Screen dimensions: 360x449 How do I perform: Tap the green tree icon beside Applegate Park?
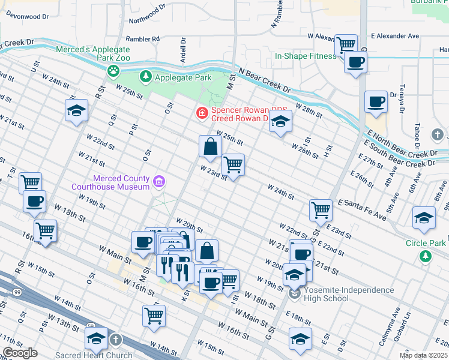[x=145, y=77]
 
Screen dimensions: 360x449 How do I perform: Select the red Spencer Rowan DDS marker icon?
[x=202, y=112]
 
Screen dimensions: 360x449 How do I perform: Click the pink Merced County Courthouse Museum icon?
[x=158, y=181]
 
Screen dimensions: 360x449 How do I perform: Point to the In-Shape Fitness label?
[x=306, y=56]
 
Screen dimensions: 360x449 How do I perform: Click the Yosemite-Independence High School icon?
[x=294, y=293]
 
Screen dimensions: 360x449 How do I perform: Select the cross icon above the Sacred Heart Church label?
[x=115, y=340]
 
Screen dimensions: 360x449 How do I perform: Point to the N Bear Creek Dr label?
[x=264, y=80]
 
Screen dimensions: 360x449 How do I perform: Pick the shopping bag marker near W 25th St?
[x=210, y=146]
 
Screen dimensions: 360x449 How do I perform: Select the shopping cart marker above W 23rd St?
[x=233, y=164]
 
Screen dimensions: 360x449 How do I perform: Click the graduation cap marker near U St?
[x=77, y=110]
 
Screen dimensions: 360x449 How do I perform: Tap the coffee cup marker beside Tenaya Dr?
[x=376, y=102]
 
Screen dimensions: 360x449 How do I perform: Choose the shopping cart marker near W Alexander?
[x=345, y=44]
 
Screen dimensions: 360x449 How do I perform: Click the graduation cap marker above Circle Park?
[x=424, y=218]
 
